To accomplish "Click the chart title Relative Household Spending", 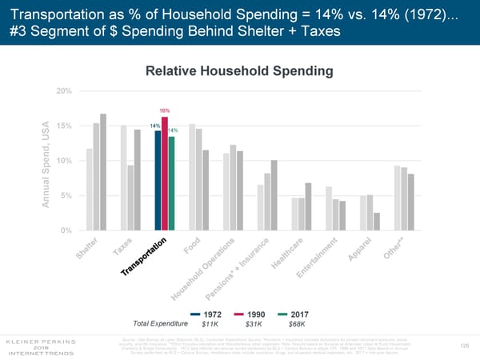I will point(238,72).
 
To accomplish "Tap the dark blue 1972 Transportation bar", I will point(158,180).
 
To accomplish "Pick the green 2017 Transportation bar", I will point(172,183).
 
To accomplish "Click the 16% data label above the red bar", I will point(164,110).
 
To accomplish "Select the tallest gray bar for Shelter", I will point(103,172).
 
